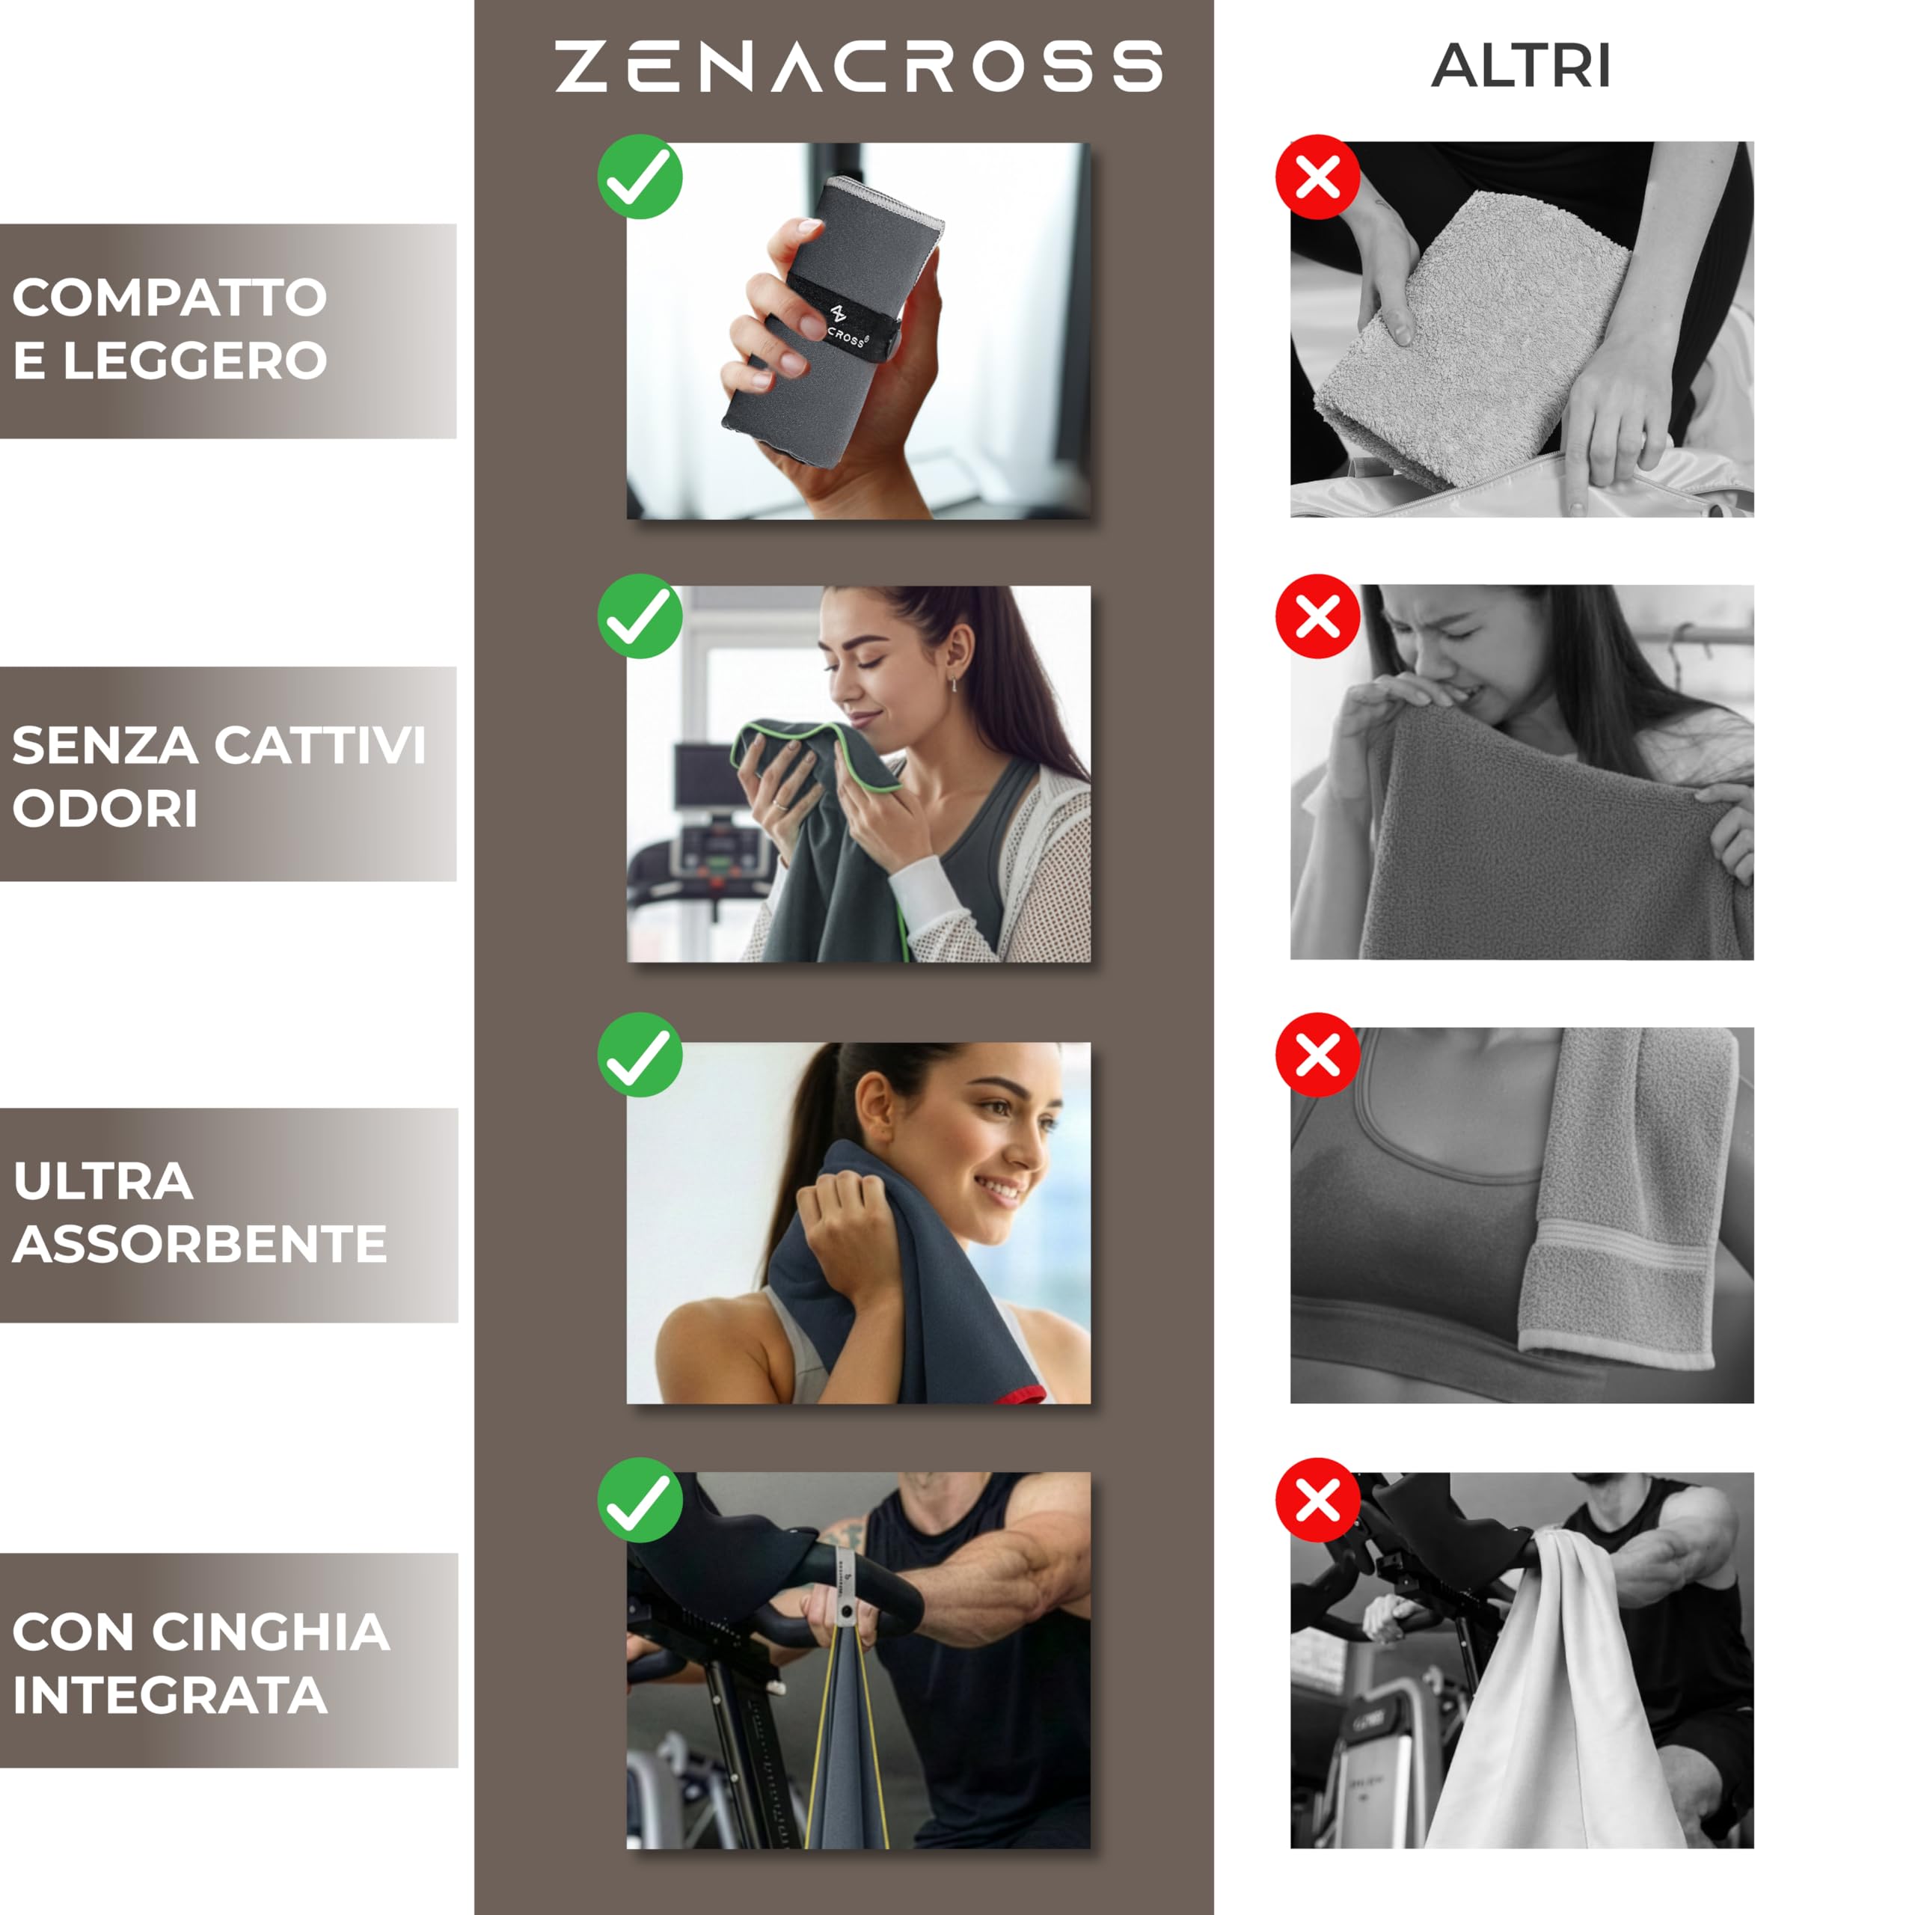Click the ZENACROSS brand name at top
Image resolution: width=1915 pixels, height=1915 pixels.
coord(857,67)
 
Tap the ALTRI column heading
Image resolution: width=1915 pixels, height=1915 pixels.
coord(1521,67)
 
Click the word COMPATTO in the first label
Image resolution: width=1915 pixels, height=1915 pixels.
coord(168,298)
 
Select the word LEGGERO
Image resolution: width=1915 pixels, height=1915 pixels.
coord(195,361)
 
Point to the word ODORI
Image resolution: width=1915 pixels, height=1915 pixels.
coord(105,809)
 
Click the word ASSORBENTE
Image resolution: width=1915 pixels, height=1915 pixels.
coord(199,1245)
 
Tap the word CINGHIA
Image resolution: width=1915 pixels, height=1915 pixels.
coord(271,1631)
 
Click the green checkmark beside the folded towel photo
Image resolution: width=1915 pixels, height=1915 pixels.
coord(640,177)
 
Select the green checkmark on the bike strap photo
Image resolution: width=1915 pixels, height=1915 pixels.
coord(640,1500)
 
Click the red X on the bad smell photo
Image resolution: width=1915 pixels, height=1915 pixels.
coord(1317,616)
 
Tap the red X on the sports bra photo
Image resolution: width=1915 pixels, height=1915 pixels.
coord(1317,1055)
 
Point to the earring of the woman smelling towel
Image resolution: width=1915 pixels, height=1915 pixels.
coord(954,684)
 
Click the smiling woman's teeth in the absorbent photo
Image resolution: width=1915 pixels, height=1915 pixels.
coord(999,1186)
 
